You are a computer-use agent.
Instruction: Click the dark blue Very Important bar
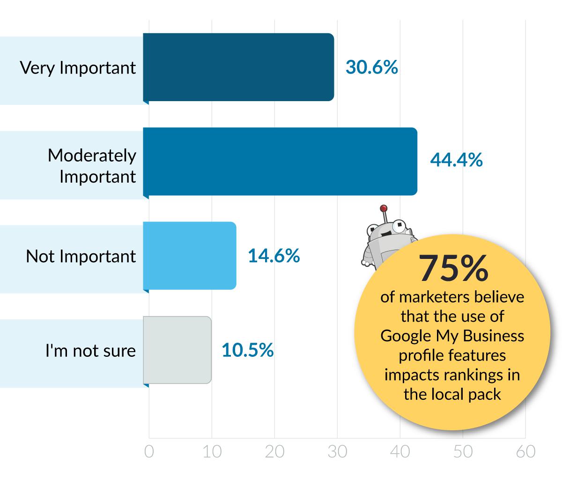238,67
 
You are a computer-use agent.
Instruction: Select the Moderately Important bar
280,161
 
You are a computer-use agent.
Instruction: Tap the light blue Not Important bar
189,256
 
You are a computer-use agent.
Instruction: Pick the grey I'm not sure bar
177,350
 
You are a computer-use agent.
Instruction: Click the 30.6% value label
371,67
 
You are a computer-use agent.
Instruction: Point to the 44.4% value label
456,161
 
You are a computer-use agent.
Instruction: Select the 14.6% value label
274,256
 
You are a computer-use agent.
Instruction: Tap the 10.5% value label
248,350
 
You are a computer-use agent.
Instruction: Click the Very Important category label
78,68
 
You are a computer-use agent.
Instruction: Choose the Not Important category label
81,256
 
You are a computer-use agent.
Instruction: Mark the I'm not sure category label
90,350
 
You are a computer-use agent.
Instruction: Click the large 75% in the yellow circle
453,269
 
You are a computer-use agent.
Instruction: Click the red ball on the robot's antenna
384,208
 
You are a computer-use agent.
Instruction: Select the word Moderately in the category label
92,155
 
